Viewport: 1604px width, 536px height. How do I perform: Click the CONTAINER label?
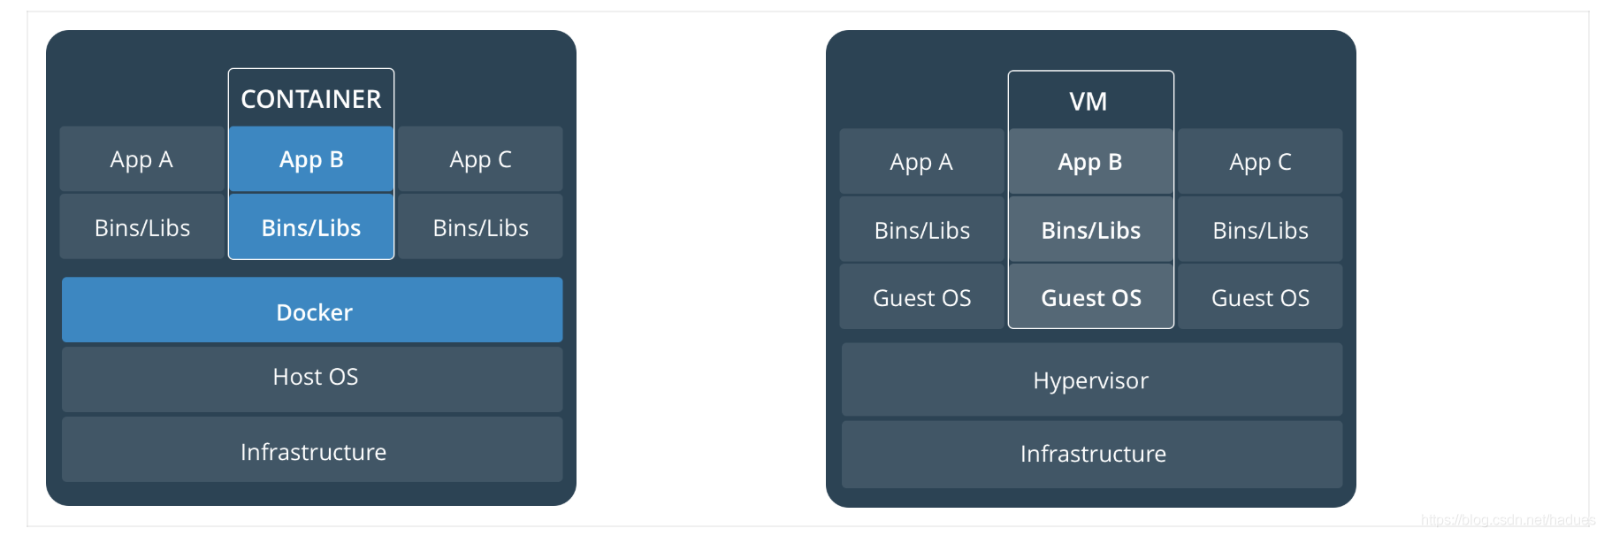[x=311, y=99]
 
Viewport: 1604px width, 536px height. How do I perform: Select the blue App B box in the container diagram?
[x=311, y=159]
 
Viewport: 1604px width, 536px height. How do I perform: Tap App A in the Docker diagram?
[x=141, y=159]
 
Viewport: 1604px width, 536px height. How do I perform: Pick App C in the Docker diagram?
[x=480, y=159]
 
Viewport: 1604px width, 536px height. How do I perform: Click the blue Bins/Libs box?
[x=311, y=227]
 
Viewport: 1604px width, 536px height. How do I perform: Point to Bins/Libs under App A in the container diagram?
[x=141, y=227]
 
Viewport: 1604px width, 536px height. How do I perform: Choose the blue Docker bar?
[x=312, y=310]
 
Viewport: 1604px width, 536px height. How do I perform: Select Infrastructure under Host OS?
[x=312, y=451]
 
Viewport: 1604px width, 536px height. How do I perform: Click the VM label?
[x=1088, y=102]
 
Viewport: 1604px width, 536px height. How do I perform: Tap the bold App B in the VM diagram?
[x=1090, y=162]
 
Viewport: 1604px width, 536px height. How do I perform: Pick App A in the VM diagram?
[x=921, y=162]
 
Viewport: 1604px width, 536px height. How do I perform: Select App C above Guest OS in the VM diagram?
[x=1260, y=162]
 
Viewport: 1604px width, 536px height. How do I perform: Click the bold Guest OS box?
[x=1091, y=298]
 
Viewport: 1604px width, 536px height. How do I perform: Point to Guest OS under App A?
[x=921, y=298]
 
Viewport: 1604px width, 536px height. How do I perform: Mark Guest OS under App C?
[x=1260, y=298]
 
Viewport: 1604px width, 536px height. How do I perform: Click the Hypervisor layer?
[x=1091, y=380]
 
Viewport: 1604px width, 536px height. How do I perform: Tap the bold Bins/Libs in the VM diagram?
[x=1091, y=230]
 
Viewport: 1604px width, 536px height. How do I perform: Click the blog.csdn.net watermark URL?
[x=1507, y=520]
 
